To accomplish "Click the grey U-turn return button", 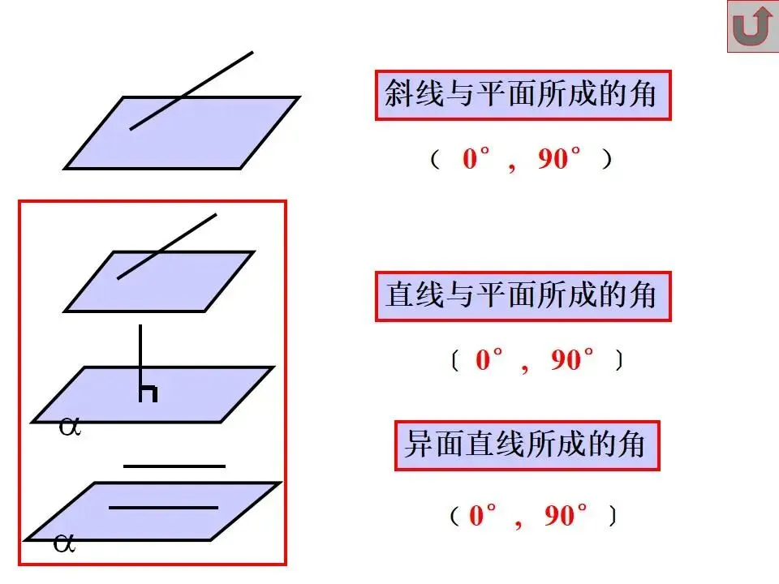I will tap(752, 27).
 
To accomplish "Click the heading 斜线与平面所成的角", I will tap(523, 95).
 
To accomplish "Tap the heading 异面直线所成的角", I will tap(527, 445).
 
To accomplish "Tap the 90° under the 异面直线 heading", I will tap(566, 516).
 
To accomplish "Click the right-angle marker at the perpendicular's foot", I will tap(148, 393).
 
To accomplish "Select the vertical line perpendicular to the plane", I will tap(140, 357).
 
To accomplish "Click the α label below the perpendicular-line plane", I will tap(70, 427).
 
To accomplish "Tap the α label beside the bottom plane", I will tap(64, 543).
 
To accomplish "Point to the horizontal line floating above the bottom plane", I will tap(174, 466).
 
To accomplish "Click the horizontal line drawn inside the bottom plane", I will tap(163, 508).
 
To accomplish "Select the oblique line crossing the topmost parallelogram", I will tap(192, 90).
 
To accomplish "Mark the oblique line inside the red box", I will tap(167, 247).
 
